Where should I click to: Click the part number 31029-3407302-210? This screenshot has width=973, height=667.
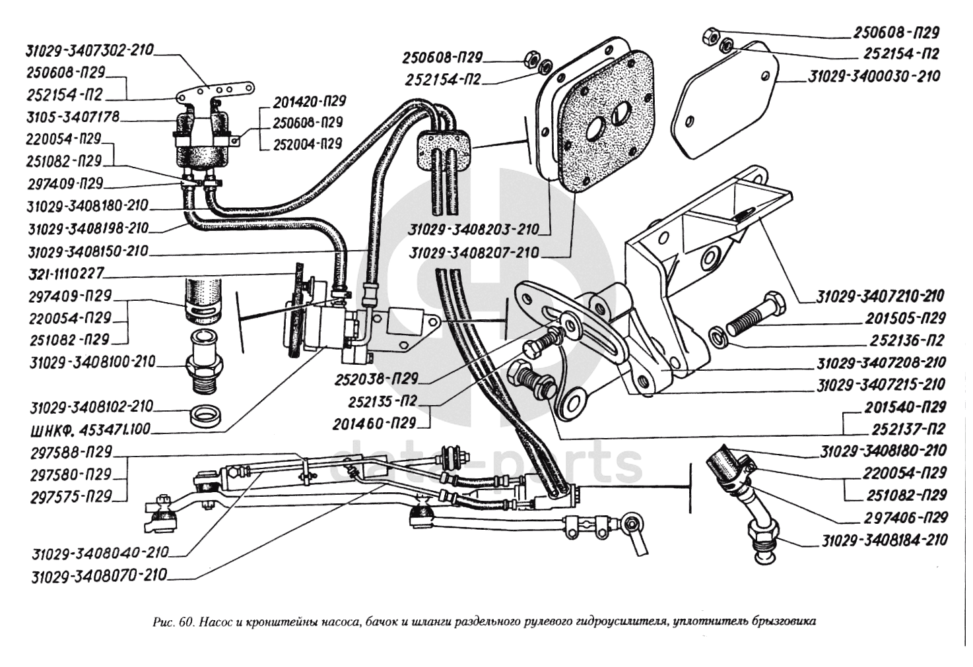tap(90, 50)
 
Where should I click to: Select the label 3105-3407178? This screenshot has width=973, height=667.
tap(72, 117)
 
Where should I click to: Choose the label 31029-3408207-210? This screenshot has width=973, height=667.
tap(473, 253)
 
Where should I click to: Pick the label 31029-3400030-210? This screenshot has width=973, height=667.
tap(874, 77)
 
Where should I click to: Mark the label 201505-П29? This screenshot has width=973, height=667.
tap(905, 318)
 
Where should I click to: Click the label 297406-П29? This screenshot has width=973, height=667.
tap(905, 517)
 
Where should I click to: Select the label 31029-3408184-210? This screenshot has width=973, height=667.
tap(885, 540)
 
